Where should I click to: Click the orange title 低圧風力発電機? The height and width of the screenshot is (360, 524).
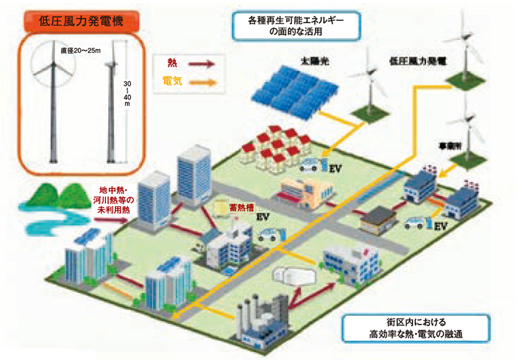83,20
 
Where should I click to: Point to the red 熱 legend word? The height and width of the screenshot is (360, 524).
172,63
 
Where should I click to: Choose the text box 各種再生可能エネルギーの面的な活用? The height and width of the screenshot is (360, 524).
296,26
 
